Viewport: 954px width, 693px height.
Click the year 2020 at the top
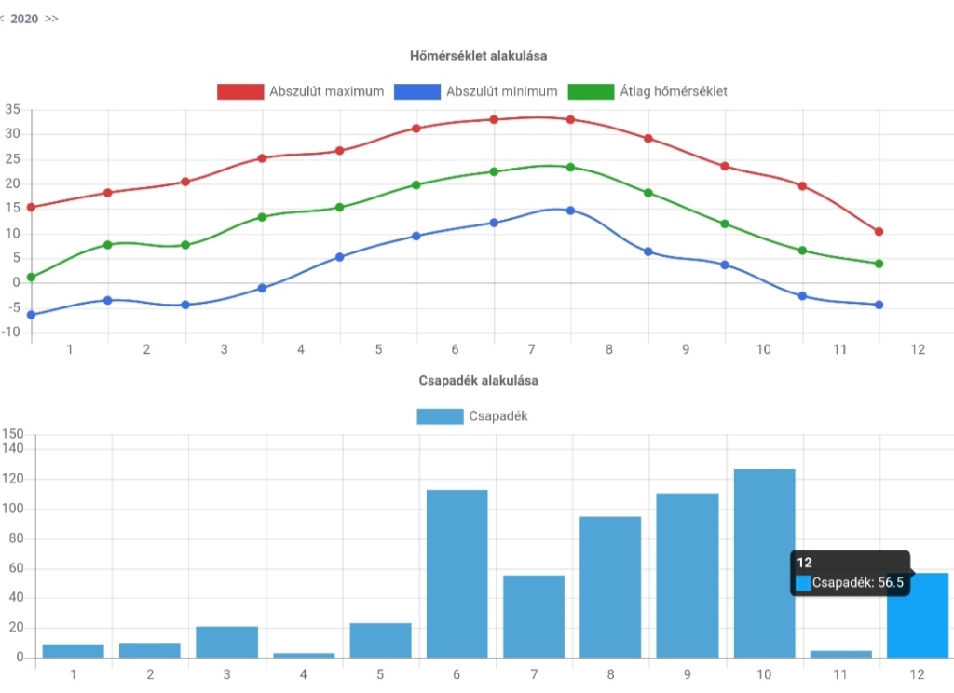pos(24,19)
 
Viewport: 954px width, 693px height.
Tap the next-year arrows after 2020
pos(51,19)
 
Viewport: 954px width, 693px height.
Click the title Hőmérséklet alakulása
pos(478,56)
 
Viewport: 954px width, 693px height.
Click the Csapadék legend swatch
pos(440,416)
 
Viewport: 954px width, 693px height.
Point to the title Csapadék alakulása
pos(478,381)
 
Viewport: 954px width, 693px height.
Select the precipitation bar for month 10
pos(764,563)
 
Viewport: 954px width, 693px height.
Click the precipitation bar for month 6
pos(457,574)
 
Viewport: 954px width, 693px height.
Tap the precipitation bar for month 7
pos(534,616)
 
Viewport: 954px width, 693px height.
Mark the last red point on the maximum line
pos(879,231)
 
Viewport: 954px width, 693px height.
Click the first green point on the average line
pos(32,277)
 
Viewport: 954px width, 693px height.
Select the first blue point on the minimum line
pos(32,315)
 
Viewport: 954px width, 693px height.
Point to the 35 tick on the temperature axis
pos(12,110)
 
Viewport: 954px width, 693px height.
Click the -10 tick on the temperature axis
pos(10,333)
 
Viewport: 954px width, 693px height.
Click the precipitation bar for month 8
pos(610,587)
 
